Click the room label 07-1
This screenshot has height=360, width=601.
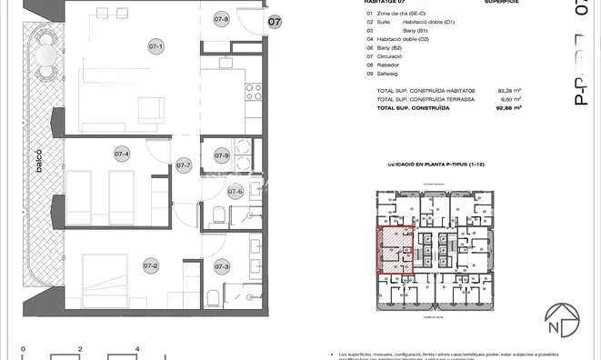155,46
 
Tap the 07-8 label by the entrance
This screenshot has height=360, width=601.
221,19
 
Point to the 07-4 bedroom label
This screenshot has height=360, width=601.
121,154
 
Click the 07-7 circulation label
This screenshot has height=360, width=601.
184,165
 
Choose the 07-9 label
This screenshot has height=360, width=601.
221,155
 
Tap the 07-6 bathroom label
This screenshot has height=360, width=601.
235,191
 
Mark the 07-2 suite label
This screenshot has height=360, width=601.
151,265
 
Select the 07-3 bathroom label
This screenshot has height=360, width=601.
222,266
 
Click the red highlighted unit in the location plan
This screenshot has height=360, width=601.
396,250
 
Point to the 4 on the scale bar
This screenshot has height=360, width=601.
136,348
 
